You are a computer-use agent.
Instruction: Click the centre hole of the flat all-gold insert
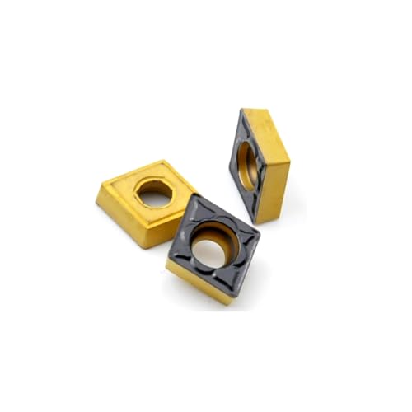154,194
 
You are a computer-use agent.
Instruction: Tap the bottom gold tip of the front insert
211,298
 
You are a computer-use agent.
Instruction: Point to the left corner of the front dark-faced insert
168,257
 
